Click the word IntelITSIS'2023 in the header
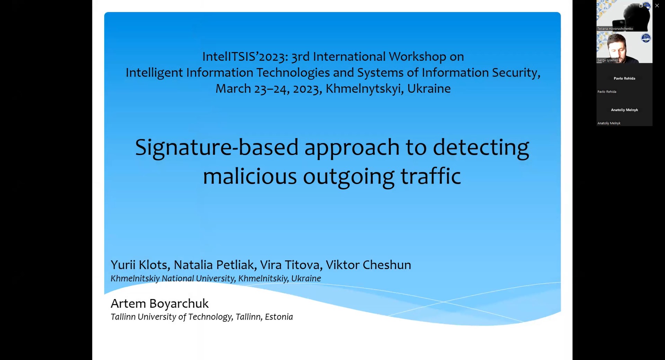pyautogui.click(x=245, y=56)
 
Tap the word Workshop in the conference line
pyautogui.click(x=417, y=56)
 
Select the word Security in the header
pyautogui.click(x=516, y=73)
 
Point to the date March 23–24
pyautogui.click(x=251, y=89)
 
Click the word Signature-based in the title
pyautogui.click(x=216, y=147)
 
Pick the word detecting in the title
pyautogui.click(x=481, y=147)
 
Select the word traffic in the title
pyautogui.click(x=431, y=176)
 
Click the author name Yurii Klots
pyautogui.click(x=140, y=265)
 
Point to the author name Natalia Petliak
pyautogui.click(x=215, y=265)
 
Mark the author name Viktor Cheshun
pyautogui.click(x=369, y=265)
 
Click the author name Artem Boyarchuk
pyautogui.click(x=160, y=304)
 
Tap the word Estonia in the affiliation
pyautogui.click(x=279, y=317)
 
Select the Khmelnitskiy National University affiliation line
pyautogui.click(x=216, y=279)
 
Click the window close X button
pyautogui.click(x=657, y=6)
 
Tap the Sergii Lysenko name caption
pyautogui.click(x=608, y=60)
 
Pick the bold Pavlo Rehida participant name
pyautogui.click(x=624, y=78)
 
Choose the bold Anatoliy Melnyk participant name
pyautogui.click(x=624, y=110)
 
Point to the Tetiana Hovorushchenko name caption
pyautogui.click(x=615, y=29)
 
